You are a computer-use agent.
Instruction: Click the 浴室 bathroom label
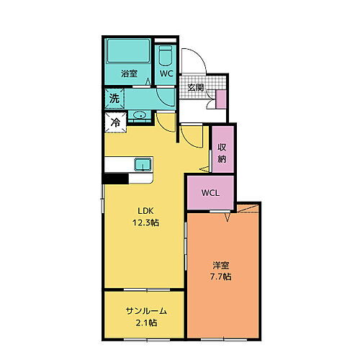129,73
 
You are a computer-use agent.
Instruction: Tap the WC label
166,73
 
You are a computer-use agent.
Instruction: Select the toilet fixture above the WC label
166,55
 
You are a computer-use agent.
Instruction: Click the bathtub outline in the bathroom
127,52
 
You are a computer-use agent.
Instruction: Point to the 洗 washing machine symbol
114,98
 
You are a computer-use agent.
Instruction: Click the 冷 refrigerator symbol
114,123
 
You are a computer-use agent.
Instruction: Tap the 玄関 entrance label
195,87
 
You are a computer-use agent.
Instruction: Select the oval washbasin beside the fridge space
139,115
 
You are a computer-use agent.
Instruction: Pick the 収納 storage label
223,149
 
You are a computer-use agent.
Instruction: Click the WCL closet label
210,193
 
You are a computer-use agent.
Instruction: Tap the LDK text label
146,211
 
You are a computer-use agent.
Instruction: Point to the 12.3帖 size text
146,222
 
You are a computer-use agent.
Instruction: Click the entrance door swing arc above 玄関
194,60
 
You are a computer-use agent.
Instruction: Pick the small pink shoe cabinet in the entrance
221,99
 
